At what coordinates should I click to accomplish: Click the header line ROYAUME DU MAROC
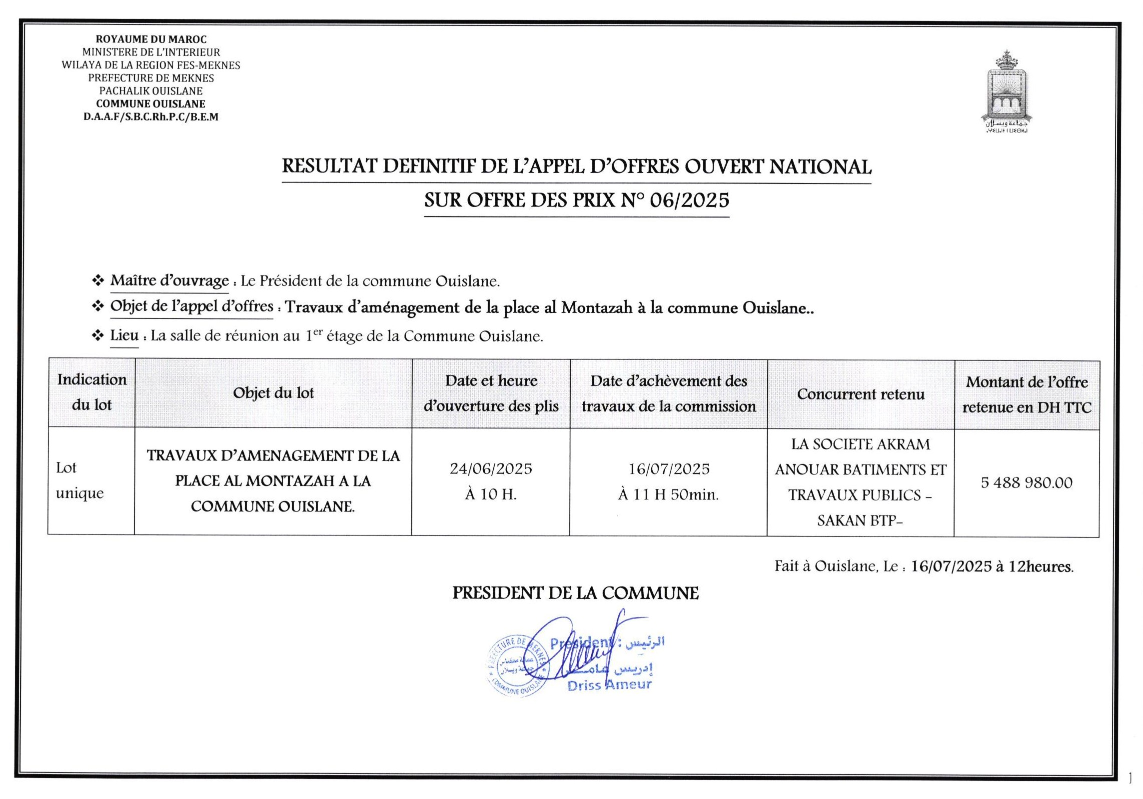coord(151,39)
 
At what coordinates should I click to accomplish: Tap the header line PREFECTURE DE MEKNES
coord(151,78)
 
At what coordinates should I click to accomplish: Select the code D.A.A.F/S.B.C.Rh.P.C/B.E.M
coord(151,117)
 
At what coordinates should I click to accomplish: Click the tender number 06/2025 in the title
coord(689,200)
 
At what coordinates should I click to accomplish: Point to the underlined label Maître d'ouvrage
coord(169,281)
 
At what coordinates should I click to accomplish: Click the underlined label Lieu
coord(124,335)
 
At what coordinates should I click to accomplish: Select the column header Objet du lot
coord(273,393)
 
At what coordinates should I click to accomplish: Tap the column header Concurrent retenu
coord(861,394)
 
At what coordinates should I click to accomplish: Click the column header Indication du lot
coord(91,392)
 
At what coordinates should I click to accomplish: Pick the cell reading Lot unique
coord(80,480)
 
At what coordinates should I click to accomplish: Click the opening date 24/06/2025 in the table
coord(491,468)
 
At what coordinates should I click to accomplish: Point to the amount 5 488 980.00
coord(1027,482)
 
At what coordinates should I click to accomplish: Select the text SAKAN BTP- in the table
coord(860,521)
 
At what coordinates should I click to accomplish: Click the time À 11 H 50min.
coord(668,495)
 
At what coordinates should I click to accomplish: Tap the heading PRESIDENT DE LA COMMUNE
coord(575,593)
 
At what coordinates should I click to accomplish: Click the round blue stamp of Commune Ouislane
coord(517,666)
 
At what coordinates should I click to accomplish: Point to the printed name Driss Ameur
coord(609,685)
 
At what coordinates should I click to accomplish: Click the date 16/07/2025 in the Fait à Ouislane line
coord(951,566)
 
